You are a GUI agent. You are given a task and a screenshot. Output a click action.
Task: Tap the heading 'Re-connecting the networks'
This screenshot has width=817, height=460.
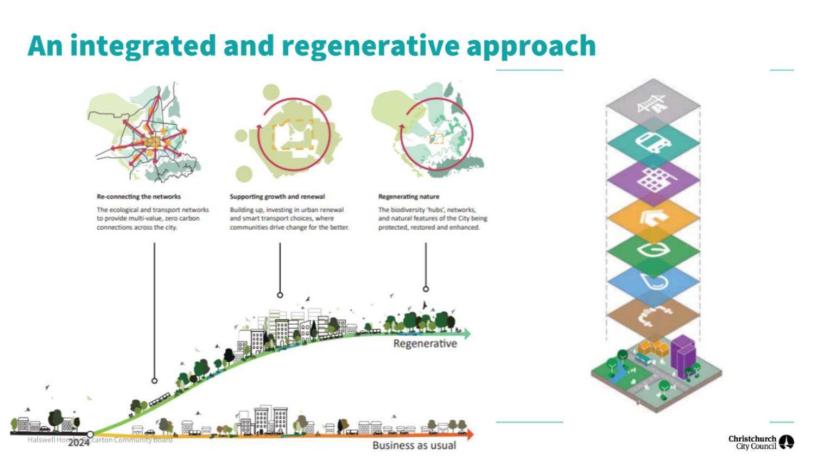click(138, 197)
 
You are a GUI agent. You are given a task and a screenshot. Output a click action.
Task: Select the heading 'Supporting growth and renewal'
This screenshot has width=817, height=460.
click(277, 197)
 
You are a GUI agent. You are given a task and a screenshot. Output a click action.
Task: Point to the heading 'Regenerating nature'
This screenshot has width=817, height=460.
click(409, 197)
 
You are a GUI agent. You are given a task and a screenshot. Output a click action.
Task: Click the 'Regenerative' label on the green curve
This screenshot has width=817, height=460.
click(425, 344)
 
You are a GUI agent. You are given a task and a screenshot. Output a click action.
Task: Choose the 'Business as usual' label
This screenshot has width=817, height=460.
click(414, 445)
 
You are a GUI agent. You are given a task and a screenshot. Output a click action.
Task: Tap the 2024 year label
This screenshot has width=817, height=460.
click(79, 443)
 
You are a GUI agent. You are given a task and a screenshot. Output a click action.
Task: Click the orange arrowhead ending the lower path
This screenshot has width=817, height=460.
click(470, 434)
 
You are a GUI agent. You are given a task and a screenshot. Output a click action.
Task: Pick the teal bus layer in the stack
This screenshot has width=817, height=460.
click(653, 142)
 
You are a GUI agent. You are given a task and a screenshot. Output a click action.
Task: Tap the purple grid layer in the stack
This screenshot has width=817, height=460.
click(653, 179)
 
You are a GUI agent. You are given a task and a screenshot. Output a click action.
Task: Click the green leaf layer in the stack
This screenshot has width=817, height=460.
click(653, 250)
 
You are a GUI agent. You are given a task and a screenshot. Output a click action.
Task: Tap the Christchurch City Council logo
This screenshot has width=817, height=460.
click(761, 442)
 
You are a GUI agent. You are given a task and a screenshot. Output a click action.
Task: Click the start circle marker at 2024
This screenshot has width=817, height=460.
click(91, 434)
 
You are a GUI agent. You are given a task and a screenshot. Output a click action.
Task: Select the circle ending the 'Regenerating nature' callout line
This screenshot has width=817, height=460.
click(426, 289)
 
